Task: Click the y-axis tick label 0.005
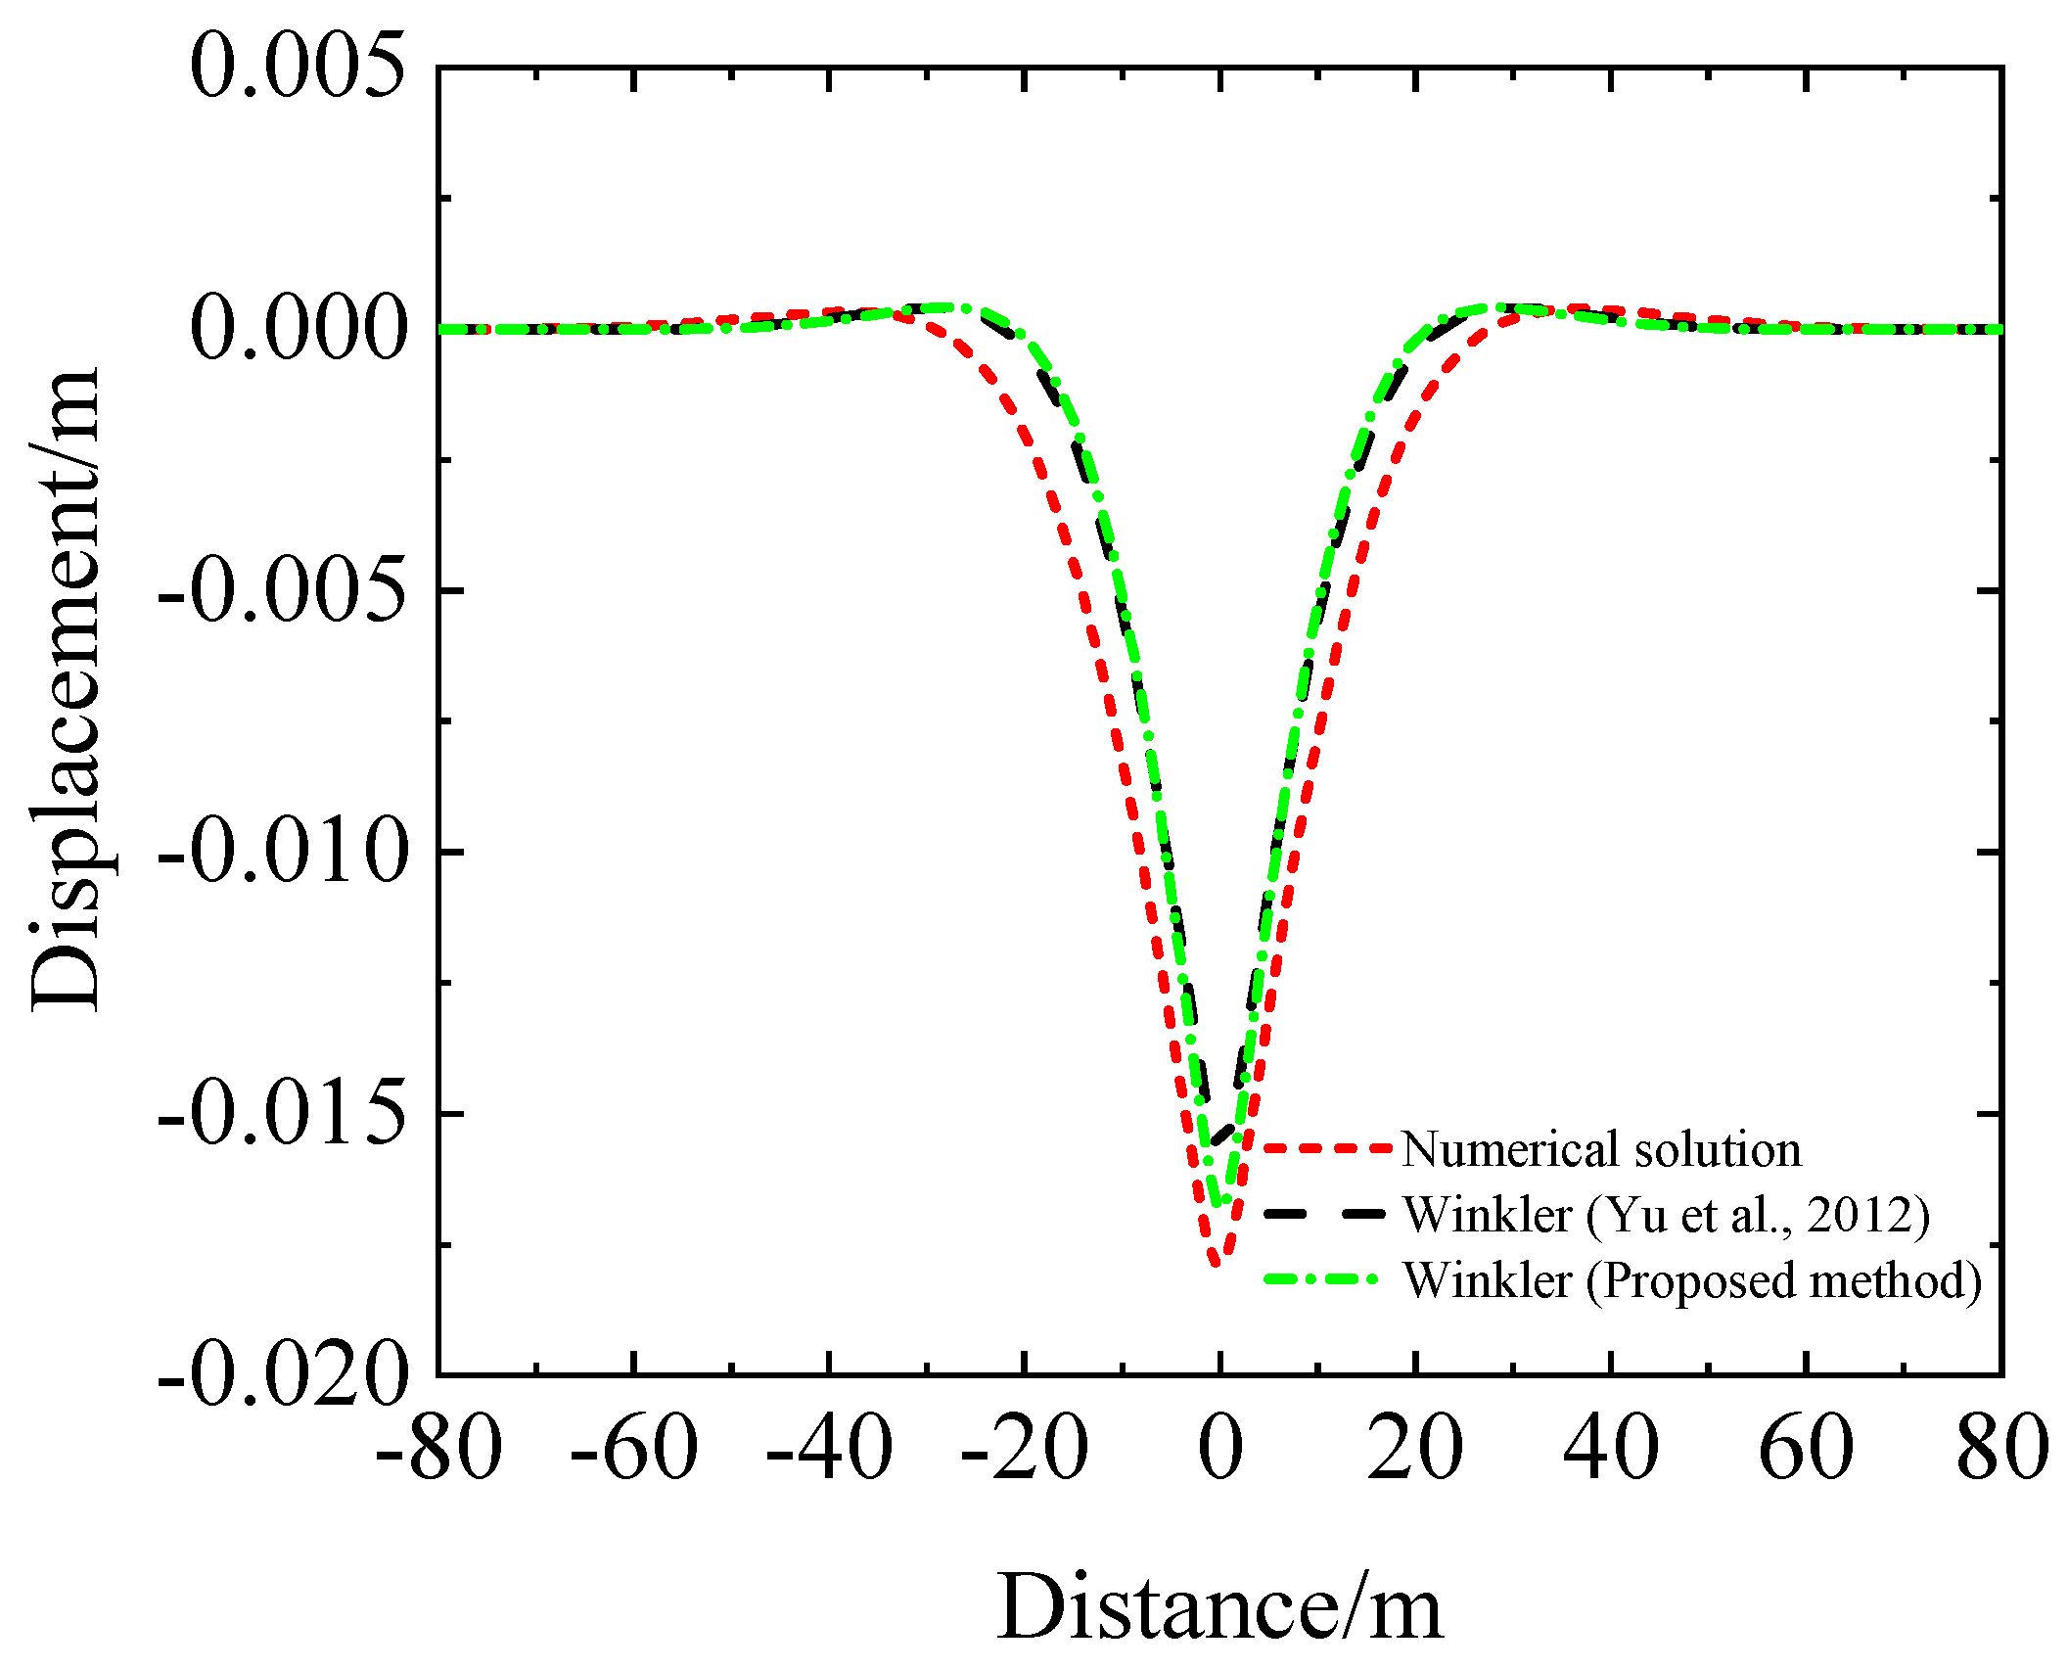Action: coord(297,67)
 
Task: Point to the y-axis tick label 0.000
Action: coord(297,328)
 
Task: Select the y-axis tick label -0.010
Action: coord(282,852)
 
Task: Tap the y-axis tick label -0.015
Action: coord(282,1113)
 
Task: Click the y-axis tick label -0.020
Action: coord(282,1375)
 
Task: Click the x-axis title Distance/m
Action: coord(1219,1607)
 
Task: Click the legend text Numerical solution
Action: coord(1601,1149)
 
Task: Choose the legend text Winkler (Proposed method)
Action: coord(1692,1280)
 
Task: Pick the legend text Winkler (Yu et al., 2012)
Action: coord(1666,1215)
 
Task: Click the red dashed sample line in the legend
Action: coord(1326,1148)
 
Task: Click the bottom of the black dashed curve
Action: coord(1214,1141)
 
